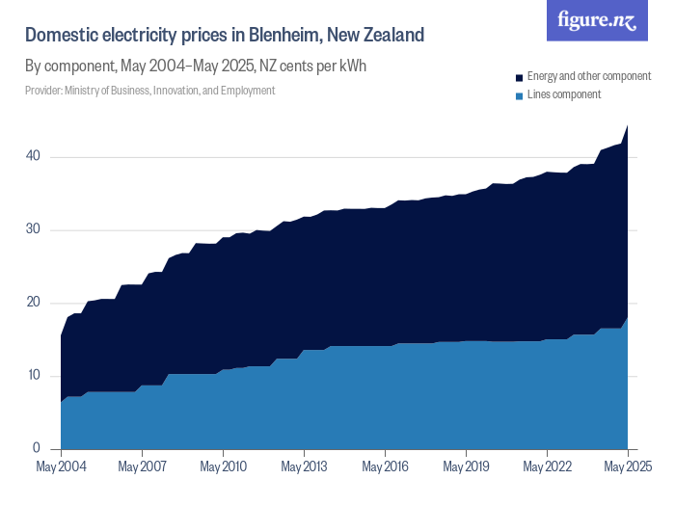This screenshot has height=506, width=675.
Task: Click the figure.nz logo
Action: pos(597,21)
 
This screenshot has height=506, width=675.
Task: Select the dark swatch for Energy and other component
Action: pos(519,76)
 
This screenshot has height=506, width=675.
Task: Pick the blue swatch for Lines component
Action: pos(519,94)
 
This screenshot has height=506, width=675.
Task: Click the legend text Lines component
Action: pos(564,94)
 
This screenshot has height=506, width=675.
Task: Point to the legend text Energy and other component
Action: pos(591,76)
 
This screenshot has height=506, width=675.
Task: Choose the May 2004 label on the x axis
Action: pos(62,467)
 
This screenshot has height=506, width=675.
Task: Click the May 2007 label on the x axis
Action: pos(142,467)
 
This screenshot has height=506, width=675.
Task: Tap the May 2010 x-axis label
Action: pos(223,467)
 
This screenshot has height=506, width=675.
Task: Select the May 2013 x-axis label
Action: pos(304,467)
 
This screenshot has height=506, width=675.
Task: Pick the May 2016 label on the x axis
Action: pos(385,467)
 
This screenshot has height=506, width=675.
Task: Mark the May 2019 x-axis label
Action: pos(466,467)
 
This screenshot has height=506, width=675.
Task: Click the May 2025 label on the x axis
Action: pos(627,467)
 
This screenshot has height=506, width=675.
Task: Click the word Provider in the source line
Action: pos(42,91)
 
